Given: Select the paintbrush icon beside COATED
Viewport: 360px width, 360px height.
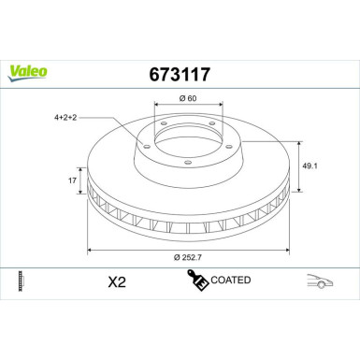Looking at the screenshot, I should point(197,279).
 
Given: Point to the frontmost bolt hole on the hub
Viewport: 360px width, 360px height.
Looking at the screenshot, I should point(188,166).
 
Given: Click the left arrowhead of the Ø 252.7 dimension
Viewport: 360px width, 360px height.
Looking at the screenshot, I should point(91,250).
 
